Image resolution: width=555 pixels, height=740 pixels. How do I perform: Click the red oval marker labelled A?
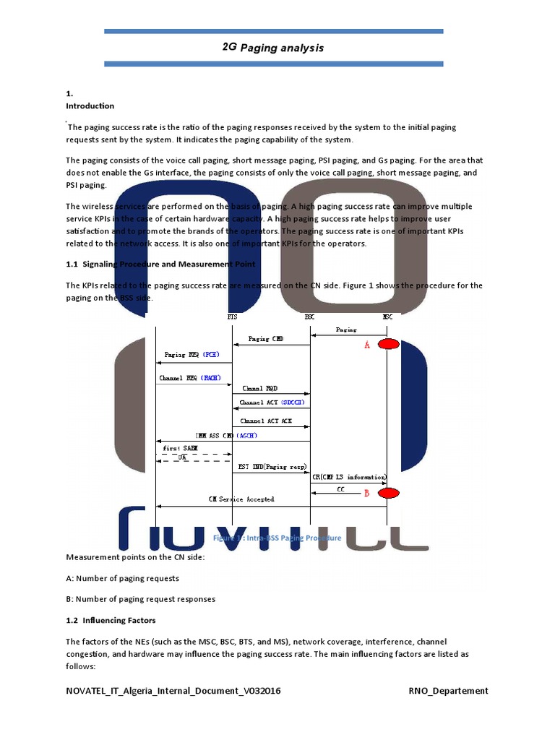tap(388, 344)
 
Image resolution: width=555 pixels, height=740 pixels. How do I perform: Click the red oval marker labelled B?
tap(388, 493)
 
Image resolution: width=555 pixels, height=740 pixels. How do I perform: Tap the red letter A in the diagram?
tap(367, 346)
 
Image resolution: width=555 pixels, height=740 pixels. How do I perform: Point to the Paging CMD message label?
tap(267, 338)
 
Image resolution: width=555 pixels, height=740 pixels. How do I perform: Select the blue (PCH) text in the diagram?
tap(210, 355)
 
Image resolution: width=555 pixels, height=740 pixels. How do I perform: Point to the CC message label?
tap(340, 489)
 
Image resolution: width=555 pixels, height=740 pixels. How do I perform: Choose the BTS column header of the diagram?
tap(231, 317)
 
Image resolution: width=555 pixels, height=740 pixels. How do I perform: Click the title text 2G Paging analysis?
tap(273, 48)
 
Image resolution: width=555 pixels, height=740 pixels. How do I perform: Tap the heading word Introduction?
tap(90, 106)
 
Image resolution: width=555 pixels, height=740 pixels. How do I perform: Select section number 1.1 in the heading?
tap(72, 264)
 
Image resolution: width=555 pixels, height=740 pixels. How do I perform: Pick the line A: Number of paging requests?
tap(122, 578)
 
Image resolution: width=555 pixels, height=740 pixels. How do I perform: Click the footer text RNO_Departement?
tap(448, 691)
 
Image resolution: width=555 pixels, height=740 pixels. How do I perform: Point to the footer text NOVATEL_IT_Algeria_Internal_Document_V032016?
tap(173, 691)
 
